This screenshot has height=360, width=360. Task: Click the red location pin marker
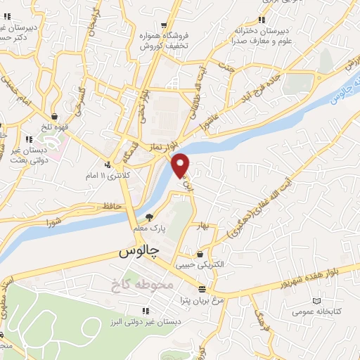click(x=181, y=164)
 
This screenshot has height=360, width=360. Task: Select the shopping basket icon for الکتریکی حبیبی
click(x=201, y=254)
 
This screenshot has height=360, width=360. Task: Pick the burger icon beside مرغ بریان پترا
click(x=202, y=289)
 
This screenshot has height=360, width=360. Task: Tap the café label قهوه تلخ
click(x=55, y=129)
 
